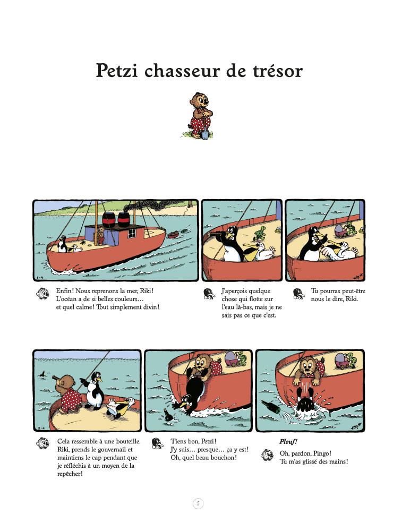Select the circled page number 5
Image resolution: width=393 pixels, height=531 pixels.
[198, 503]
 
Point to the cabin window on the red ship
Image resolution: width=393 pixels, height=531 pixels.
[132, 233]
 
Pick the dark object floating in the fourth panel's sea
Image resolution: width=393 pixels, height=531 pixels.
[42, 374]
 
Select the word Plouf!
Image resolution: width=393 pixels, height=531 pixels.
[288, 442]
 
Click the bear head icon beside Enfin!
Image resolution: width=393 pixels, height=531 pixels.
[42, 293]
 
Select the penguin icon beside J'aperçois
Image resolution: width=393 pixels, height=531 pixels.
[209, 294]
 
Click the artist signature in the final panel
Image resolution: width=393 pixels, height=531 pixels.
[356, 427]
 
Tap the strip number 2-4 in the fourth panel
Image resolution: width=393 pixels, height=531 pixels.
[41, 428]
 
